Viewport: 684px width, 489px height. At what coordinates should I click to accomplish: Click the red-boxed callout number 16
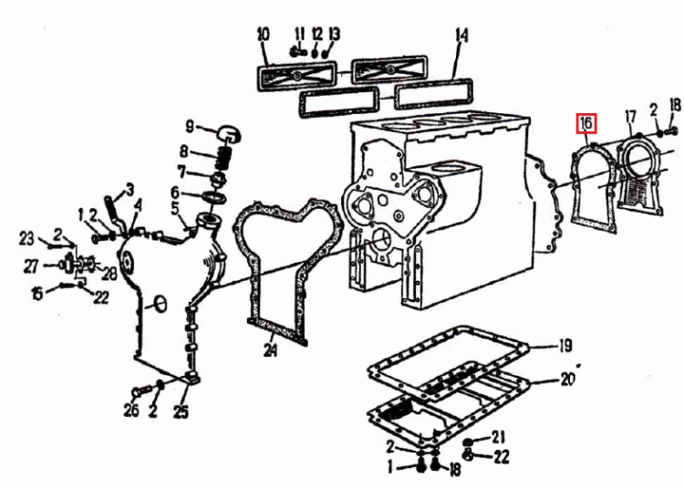(586, 124)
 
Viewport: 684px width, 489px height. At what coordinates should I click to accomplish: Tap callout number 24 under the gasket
(271, 349)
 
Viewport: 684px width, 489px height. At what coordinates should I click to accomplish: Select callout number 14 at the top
(461, 36)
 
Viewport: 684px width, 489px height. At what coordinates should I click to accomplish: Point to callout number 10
(264, 34)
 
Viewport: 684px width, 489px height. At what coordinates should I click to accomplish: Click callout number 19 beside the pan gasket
(565, 346)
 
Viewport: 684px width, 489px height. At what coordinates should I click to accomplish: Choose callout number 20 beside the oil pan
(567, 380)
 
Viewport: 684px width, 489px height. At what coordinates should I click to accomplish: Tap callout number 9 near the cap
(190, 127)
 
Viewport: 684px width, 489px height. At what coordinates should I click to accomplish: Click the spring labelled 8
(223, 159)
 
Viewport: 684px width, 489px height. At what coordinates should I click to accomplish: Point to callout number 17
(630, 117)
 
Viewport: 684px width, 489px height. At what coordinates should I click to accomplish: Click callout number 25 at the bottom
(181, 411)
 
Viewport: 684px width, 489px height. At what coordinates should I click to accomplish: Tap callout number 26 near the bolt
(130, 409)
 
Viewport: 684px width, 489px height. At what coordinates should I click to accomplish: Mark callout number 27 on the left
(31, 266)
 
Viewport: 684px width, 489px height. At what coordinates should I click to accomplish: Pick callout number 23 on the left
(26, 239)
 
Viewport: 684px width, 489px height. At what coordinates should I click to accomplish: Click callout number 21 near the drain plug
(498, 437)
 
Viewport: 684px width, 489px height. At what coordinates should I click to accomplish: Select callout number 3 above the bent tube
(130, 190)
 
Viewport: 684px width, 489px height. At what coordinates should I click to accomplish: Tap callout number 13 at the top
(334, 34)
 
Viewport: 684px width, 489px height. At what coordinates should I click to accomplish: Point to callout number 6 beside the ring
(175, 192)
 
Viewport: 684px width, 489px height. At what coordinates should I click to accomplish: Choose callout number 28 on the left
(109, 274)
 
